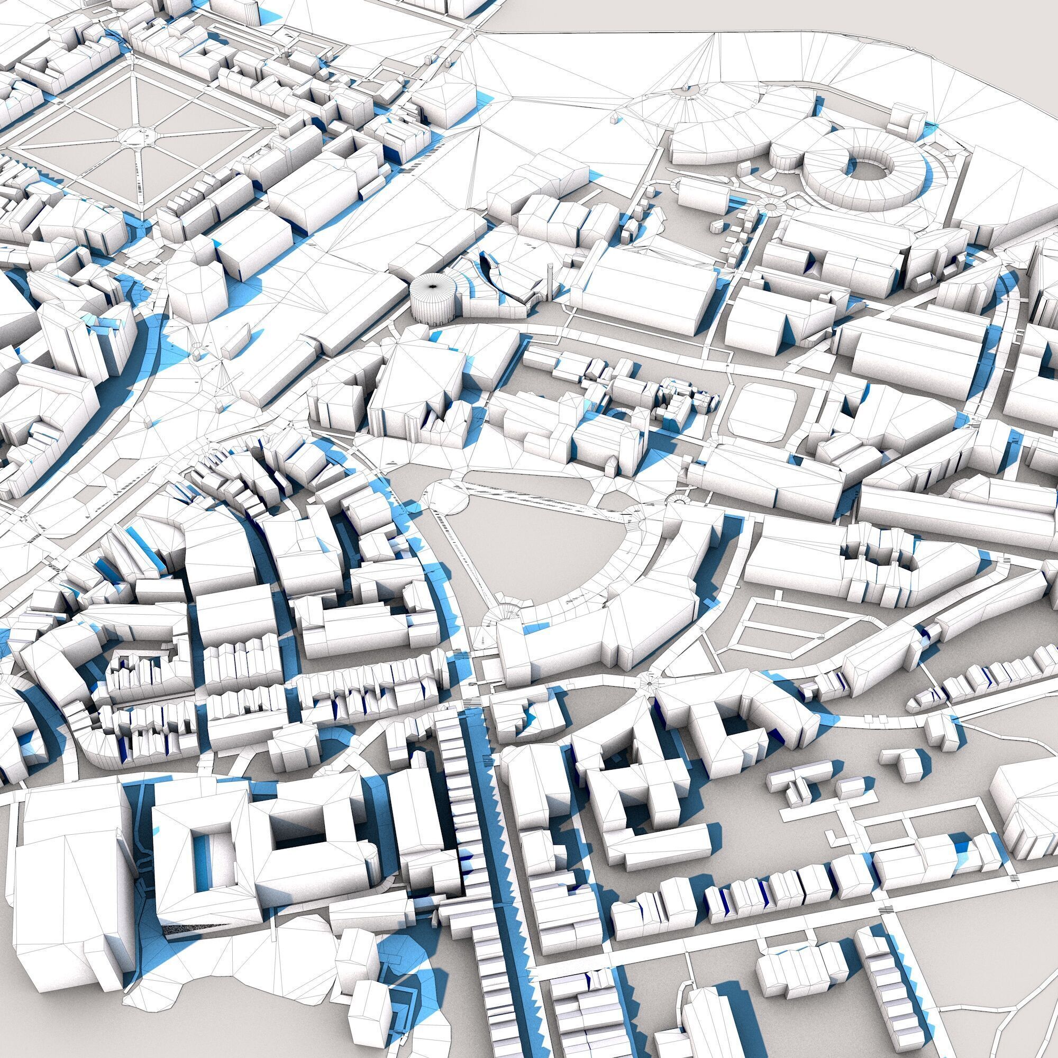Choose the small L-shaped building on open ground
[902, 764]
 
